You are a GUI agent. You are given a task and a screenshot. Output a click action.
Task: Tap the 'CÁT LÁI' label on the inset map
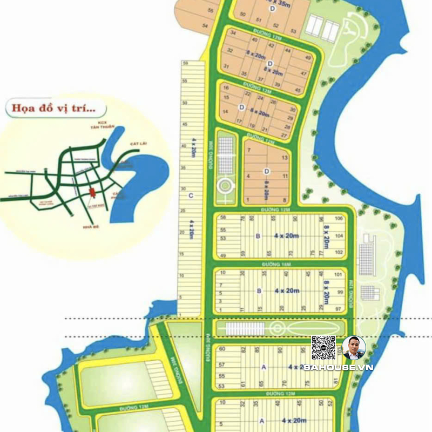[x=139, y=144]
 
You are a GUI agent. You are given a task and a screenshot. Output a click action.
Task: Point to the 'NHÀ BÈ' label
[x=85, y=227]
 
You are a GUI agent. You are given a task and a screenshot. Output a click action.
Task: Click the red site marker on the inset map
[x=91, y=193]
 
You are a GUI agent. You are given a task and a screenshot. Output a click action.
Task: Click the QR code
[x=323, y=348]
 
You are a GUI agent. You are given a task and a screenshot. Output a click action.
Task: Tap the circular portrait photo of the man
[x=354, y=348]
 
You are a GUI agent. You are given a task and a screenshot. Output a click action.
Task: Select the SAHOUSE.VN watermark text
[x=338, y=367]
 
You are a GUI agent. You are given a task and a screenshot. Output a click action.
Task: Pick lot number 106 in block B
[x=339, y=219]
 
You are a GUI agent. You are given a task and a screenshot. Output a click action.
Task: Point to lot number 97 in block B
[x=339, y=308]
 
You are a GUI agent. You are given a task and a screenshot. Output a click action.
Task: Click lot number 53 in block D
[x=293, y=31]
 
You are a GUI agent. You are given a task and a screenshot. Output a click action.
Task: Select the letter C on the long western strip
[x=191, y=195]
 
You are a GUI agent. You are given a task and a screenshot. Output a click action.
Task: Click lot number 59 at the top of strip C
[x=185, y=63]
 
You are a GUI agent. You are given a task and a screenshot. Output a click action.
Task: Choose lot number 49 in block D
[x=308, y=58]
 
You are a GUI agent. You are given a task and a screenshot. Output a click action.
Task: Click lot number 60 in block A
[x=221, y=349]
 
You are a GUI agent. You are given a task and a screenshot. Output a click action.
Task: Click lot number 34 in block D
[x=233, y=32]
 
